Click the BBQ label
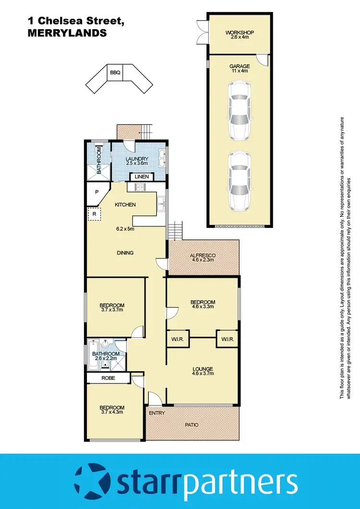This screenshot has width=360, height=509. click(115, 73)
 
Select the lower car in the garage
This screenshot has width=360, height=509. click(239, 181)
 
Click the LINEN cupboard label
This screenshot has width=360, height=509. click(142, 177)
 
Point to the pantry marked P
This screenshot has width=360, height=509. click(96, 192)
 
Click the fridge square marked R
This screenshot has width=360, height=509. click(94, 214)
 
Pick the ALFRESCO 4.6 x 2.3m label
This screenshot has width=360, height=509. click(204, 257)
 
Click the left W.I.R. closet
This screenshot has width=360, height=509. click(177, 339)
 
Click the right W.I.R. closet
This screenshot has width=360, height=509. click(227, 339)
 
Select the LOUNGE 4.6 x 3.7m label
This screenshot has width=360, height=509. click(203, 371)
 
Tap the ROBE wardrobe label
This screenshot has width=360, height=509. click(108, 378)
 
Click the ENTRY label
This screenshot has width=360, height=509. click(156, 413)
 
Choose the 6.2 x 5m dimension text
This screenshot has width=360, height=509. click(125, 229)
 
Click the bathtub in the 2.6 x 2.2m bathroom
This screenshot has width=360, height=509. click(93, 355)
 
